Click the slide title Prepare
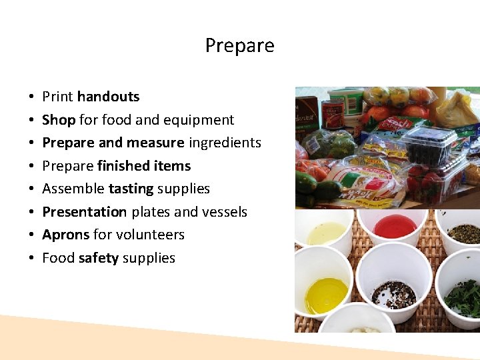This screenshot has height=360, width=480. [x=239, y=45]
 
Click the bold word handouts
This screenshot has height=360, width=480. [x=108, y=97]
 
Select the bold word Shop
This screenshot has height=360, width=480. [x=59, y=120]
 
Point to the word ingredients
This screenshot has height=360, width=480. [x=225, y=143]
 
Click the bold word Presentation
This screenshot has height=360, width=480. [x=84, y=212]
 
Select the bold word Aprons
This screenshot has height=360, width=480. [x=65, y=235]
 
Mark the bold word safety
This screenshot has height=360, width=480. [x=98, y=258]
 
